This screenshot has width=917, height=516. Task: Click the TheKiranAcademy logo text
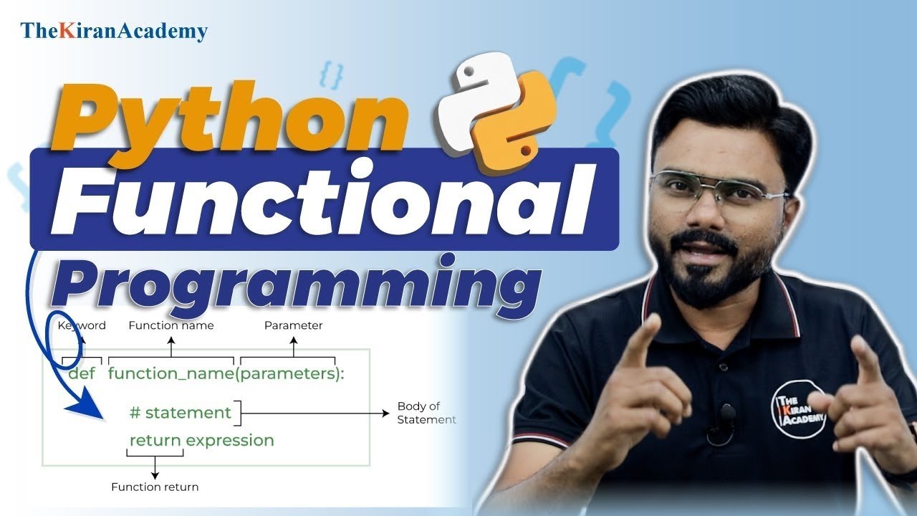[x=114, y=31]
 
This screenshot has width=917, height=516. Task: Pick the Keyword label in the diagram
[x=82, y=325]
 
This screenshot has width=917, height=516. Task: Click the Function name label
[x=171, y=325]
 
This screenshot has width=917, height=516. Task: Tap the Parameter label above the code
[x=293, y=325]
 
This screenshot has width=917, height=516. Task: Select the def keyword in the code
[x=82, y=373]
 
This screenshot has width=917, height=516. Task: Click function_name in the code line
[x=171, y=373]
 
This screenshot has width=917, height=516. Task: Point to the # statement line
[x=181, y=413]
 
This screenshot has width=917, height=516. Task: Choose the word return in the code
[x=155, y=439]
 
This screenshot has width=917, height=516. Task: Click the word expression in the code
[x=230, y=439]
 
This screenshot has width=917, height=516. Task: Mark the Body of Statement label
[x=426, y=413]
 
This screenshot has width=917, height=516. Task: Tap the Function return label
[x=155, y=487]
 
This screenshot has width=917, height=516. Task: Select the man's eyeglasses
[x=719, y=188]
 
